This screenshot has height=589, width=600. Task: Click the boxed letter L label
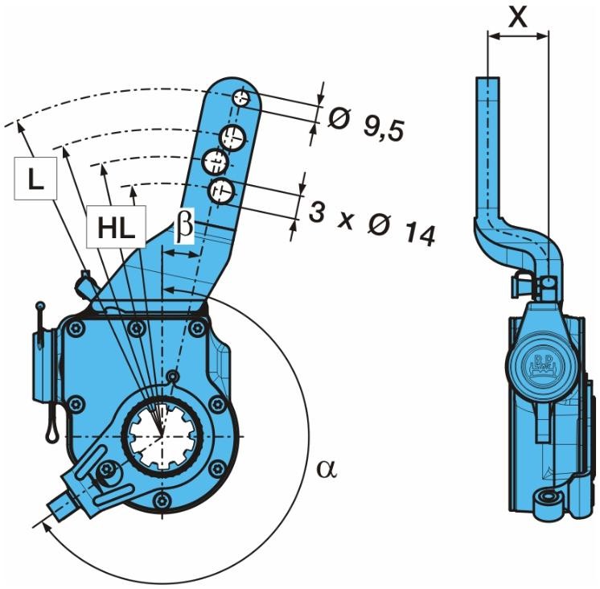point(33,179)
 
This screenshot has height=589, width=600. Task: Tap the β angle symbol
point(183,227)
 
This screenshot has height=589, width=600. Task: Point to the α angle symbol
point(326,468)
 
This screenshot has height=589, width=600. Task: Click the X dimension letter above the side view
point(519,16)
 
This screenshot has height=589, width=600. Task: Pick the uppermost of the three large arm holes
point(233,135)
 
